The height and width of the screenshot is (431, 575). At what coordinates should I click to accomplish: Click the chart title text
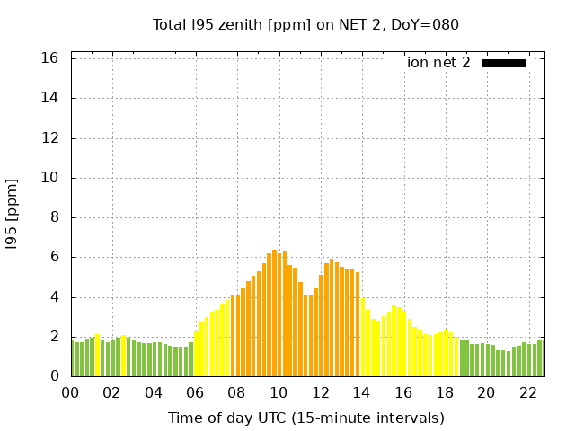(x=305, y=24)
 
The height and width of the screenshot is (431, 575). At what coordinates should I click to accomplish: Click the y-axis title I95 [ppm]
(x=13, y=214)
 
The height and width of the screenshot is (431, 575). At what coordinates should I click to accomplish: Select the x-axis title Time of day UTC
(x=305, y=418)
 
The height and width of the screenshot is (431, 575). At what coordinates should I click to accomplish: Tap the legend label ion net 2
(x=438, y=63)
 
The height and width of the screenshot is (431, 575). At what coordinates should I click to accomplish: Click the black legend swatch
(x=503, y=63)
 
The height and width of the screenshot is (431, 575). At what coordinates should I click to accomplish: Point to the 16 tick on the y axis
(x=50, y=58)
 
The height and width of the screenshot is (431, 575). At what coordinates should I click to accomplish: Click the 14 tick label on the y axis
(x=50, y=98)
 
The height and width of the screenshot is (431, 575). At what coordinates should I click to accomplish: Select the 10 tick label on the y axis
(x=50, y=178)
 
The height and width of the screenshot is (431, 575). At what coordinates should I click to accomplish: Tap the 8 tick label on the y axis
(x=54, y=217)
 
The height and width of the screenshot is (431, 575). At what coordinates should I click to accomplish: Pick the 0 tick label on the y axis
(x=54, y=376)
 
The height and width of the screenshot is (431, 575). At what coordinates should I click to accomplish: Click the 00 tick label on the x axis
(x=70, y=393)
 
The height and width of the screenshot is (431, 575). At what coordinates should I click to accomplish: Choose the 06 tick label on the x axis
(x=195, y=393)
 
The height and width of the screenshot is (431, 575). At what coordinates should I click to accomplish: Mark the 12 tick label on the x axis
(x=320, y=393)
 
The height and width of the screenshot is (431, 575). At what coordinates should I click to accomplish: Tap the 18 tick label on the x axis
(x=444, y=393)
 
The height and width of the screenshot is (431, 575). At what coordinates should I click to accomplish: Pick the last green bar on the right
(x=540, y=358)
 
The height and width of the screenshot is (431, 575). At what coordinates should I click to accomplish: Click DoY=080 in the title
(x=425, y=24)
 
